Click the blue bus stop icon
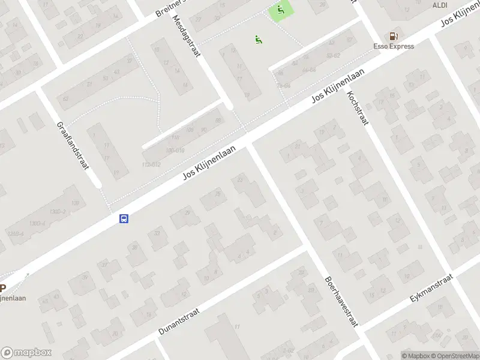[124, 219]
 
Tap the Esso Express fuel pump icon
[393, 36]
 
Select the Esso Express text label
[393, 46]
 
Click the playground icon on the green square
[280, 10]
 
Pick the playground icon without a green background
[259, 40]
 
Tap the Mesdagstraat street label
[187, 36]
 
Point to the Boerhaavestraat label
[341, 300]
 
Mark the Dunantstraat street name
[187, 318]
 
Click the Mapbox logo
[26, 353]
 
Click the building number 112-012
[151, 164]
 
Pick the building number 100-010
[175, 150]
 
